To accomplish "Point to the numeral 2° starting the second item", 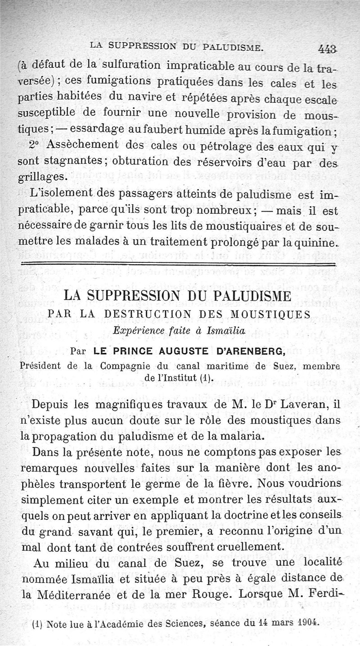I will (36, 145).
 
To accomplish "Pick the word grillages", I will (43, 175).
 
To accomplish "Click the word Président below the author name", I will (41, 366).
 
